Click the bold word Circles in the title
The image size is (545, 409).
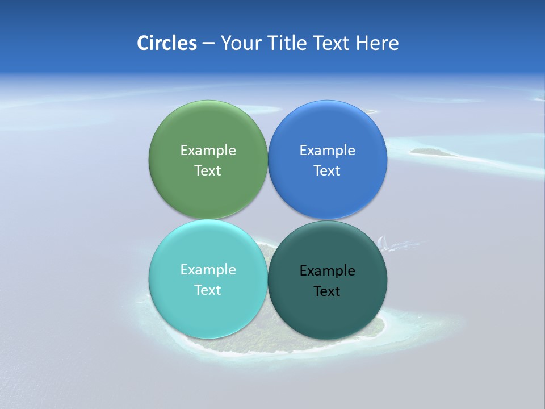167,43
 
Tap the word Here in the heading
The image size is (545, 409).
377,43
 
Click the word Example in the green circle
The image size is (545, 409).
208,150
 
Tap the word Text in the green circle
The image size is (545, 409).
208,170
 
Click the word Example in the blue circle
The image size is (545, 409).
328,150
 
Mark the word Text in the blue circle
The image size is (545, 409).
328,170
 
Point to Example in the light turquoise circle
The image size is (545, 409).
208,269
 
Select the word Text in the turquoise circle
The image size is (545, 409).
208,290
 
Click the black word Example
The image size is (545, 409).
328,270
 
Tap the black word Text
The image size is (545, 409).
328,291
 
